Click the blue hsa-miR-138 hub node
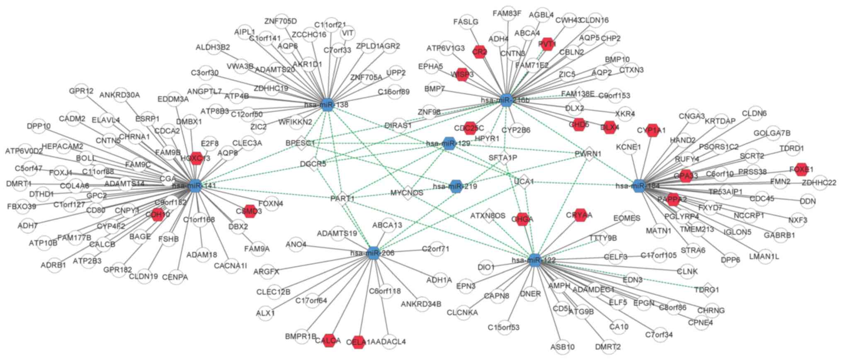point(328,105)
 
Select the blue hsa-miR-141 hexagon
point(194,185)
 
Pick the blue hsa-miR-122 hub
point(536,260)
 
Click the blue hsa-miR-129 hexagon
point(449,144)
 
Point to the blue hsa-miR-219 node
point(456,187)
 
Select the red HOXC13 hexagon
point(195,158)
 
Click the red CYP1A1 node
point(653,130)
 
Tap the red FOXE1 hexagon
point(801,169)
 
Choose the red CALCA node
point(329,341)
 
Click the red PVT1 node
point(547,44)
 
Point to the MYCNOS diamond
point(407,193)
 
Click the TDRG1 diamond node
point(706,289)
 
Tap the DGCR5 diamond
point(313,164)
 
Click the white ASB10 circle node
point(563,347)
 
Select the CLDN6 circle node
point(754,113)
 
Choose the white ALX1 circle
point(266,313)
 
